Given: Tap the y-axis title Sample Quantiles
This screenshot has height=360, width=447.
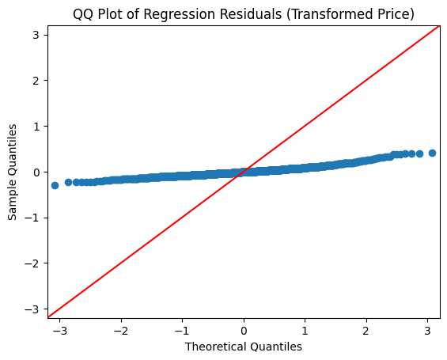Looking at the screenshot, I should pos(13,172).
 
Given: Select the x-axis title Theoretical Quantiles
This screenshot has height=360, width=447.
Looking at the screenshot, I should pos(244,346).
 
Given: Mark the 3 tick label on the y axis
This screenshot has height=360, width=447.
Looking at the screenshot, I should pos(36,35).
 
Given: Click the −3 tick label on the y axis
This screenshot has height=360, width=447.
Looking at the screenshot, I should pos(32,309).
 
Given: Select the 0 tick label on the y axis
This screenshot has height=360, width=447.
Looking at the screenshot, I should pos(36,172).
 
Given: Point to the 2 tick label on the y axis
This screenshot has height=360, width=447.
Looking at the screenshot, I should pos(36,81).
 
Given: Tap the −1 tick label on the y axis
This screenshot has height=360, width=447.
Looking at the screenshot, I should pos(32,218).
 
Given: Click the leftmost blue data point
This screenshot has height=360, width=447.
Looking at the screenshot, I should pos(55,185).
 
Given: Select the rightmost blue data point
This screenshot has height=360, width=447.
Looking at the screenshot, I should pos(432,153).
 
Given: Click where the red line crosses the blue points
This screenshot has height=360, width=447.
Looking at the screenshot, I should pos(242,172).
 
